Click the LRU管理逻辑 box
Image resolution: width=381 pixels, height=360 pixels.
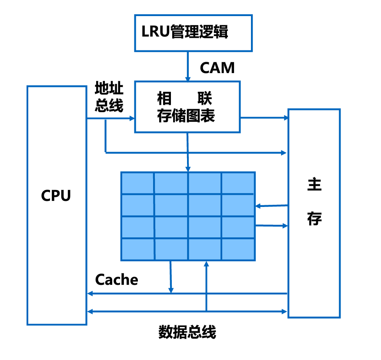[x=193, y=33]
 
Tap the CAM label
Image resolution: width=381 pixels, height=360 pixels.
[x=217, y=67]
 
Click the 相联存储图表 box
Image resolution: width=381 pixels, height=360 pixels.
[x=187, y=107]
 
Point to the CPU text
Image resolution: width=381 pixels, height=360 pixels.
[x=56, y=196]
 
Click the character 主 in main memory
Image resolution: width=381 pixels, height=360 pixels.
[x=314, y=185]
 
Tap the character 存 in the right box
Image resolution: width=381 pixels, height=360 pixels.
[x=314, y=219]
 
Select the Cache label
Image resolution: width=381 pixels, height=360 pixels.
[x=117, y=279]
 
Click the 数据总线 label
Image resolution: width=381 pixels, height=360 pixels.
[x=187, y=332]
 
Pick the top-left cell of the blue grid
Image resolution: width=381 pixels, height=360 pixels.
[x=137, y=183]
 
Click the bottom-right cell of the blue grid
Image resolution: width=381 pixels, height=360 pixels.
[x=238, y=250]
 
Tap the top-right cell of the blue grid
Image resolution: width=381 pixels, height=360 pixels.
[x=238, y=183]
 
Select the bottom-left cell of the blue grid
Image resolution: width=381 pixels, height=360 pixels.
[x=137, y=250]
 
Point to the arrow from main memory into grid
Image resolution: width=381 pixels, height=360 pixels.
[x=271, y=206]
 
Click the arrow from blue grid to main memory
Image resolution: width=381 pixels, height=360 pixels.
[x=271, y=225]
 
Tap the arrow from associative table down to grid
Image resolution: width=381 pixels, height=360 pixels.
[x=188, y=152]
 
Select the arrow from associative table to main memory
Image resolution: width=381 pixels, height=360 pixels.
[x=264, y=117]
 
